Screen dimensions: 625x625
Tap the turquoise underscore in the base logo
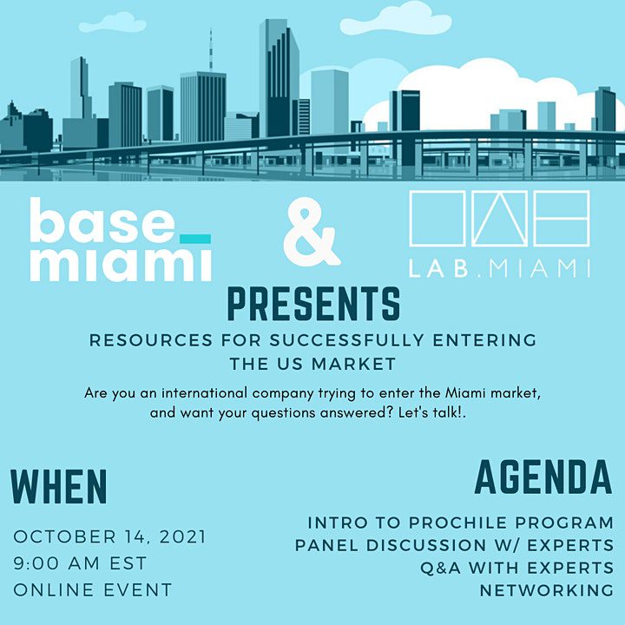195,239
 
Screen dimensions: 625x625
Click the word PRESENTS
313,304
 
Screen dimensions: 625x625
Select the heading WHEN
59,487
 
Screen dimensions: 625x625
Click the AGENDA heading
543,477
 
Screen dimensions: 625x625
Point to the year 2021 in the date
183,536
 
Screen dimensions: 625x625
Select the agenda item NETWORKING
547,590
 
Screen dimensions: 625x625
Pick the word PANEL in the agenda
327,545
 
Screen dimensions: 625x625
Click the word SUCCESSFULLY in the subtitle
346,340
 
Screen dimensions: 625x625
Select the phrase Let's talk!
432,412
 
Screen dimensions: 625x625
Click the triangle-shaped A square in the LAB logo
500,219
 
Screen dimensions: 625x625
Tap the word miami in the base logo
121,264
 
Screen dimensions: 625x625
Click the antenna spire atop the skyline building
211,49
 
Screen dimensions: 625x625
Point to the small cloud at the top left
112,23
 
